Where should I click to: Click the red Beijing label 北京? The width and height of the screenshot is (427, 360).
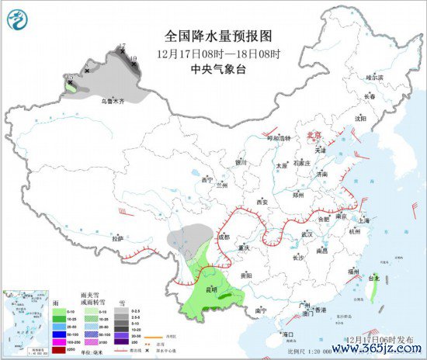coord(314,134)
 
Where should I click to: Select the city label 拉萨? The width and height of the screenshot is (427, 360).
coord(117,239)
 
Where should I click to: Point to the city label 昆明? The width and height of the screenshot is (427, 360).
coord(210,289)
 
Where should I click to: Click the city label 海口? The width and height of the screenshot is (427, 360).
coord(288,334)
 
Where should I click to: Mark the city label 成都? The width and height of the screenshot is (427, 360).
coord(224,237)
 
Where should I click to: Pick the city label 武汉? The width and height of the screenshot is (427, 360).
coord(306,234)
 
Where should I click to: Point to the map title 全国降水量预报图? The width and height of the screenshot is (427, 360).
coord(209,36)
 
